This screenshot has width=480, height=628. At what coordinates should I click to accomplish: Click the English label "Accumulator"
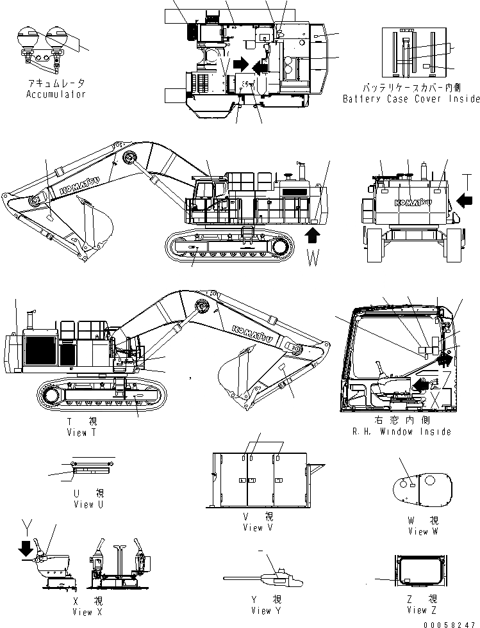[x=56, y=94]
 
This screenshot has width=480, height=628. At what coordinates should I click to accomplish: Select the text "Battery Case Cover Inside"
[x=411, y=99]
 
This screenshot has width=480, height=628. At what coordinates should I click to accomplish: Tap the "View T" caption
[x=81, y=433]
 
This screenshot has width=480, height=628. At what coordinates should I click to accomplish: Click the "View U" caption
[x=83, y=504]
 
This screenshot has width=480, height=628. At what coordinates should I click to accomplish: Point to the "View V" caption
[x=258, y=527]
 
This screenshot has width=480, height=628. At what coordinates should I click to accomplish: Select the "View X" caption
[x=83, y=612]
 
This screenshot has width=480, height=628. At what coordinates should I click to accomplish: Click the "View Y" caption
[x=261, y=611]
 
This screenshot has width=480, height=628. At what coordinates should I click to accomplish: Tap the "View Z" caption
[x=423, y=611]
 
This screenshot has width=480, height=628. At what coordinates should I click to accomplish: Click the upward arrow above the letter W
[x=312, y=236]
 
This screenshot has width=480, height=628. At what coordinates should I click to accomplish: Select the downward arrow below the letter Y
[x=24, y=548]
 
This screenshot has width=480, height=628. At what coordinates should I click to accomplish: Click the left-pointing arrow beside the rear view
[x=466, y=202]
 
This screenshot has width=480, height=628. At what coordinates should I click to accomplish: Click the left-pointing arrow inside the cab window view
[x=422, y=384]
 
